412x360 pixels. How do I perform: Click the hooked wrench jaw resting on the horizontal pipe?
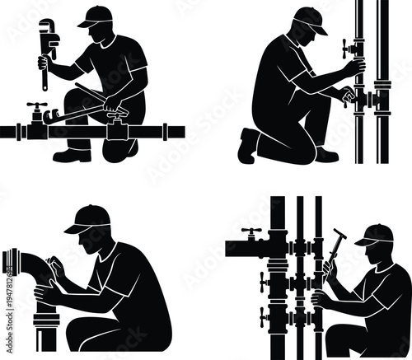[49, 115]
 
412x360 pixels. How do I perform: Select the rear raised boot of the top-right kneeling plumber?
[248, 145]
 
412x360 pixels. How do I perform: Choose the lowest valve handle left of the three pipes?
[264, 316]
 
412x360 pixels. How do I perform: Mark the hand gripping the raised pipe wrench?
[43, 62]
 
